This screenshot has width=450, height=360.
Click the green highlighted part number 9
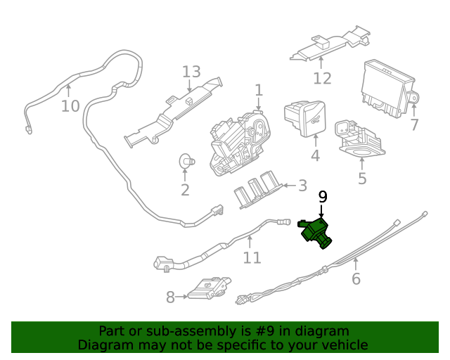(x=315, y=233)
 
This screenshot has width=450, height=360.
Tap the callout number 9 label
(x=323, y=197)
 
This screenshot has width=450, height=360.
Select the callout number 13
(x=191, y=72)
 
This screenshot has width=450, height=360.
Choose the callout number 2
(x=185, y=190)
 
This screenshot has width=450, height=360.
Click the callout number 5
(x=362, y=179)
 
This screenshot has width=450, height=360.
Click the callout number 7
(x=414, y=125)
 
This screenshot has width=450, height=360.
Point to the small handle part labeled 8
(x=209, y=288)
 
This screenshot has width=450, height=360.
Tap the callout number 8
(x=170, y=297)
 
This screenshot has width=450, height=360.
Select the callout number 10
(x=70, y=106)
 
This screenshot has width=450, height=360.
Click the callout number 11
(x=252, y=257)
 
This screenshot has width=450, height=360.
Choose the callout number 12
(x=322, y=78)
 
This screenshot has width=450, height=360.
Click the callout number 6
(x=356, y=279)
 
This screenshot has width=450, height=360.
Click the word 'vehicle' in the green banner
(x=344, y=345)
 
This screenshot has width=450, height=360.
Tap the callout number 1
(x=259, y=90)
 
